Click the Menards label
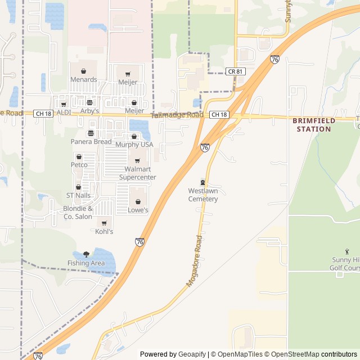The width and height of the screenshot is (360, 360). (x=83, y=80)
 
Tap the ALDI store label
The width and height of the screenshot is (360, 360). (x=64, y=112)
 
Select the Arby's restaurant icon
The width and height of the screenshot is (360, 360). (x=89, y=102)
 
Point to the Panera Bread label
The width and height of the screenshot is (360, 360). (x=91, y=142)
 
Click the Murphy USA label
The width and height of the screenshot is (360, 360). (x=134, y=145)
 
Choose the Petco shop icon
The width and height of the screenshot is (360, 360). (x=79, y=156)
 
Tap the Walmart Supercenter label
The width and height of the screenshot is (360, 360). (x=137, y=173)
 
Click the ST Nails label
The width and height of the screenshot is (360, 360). (x=78, y=195)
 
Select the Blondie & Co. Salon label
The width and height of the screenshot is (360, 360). (x=78, y=213)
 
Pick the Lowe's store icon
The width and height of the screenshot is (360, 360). (x=137, y=201)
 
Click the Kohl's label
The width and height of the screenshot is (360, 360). (x=104, y=231)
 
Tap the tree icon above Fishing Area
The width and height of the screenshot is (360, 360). (x=86, y=254)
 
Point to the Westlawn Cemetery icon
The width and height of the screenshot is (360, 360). (x=202, y=182)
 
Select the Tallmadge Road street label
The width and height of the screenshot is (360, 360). (x=177, y=115)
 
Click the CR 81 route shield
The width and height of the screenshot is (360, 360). (x=235, y=71)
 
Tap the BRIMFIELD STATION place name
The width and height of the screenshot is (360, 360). (x=314, y=125)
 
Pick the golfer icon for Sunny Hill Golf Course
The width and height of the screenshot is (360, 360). (x=346, y=251)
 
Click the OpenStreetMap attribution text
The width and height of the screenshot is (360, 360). (x=292, y=354)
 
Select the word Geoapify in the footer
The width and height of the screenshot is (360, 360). (x=192, y=354)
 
